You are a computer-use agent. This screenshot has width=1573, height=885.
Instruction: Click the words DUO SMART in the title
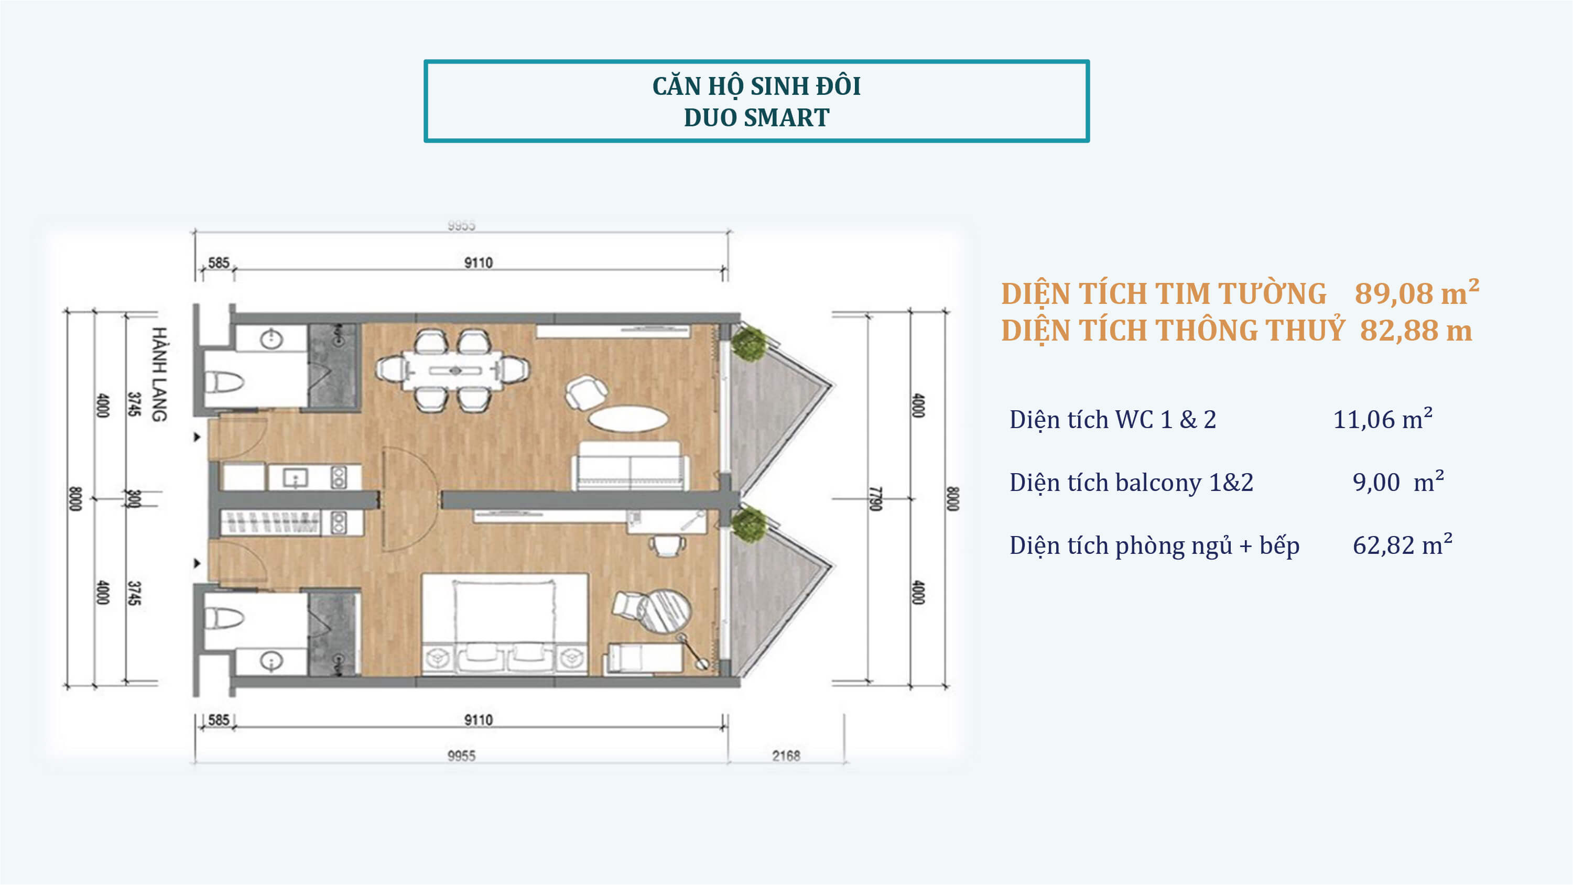756,117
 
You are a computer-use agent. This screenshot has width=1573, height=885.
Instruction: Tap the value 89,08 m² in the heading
1417,292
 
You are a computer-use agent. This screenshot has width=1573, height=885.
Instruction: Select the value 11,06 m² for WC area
1383,419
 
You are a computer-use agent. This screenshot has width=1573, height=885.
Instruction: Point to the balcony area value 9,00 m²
1398,482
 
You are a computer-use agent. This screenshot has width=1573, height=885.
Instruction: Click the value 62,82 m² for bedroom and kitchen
1403,544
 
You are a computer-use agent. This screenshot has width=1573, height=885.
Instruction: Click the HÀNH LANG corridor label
159,374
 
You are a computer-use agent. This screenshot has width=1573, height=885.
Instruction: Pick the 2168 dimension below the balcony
786,756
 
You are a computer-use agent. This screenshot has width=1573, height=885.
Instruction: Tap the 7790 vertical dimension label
876,499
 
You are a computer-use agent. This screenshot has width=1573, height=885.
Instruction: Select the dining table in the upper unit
453,370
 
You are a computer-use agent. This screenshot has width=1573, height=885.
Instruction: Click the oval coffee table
628,419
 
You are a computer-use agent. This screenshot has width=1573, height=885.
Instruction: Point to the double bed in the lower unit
504,624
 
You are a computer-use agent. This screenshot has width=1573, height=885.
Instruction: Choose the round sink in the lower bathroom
271,660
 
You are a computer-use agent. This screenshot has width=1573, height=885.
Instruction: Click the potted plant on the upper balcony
748,343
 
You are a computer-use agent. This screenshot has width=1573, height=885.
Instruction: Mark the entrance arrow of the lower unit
197,563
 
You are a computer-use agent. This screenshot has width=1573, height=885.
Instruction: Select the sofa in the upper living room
630,466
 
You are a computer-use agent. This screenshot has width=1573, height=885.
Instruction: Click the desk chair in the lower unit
667,545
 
